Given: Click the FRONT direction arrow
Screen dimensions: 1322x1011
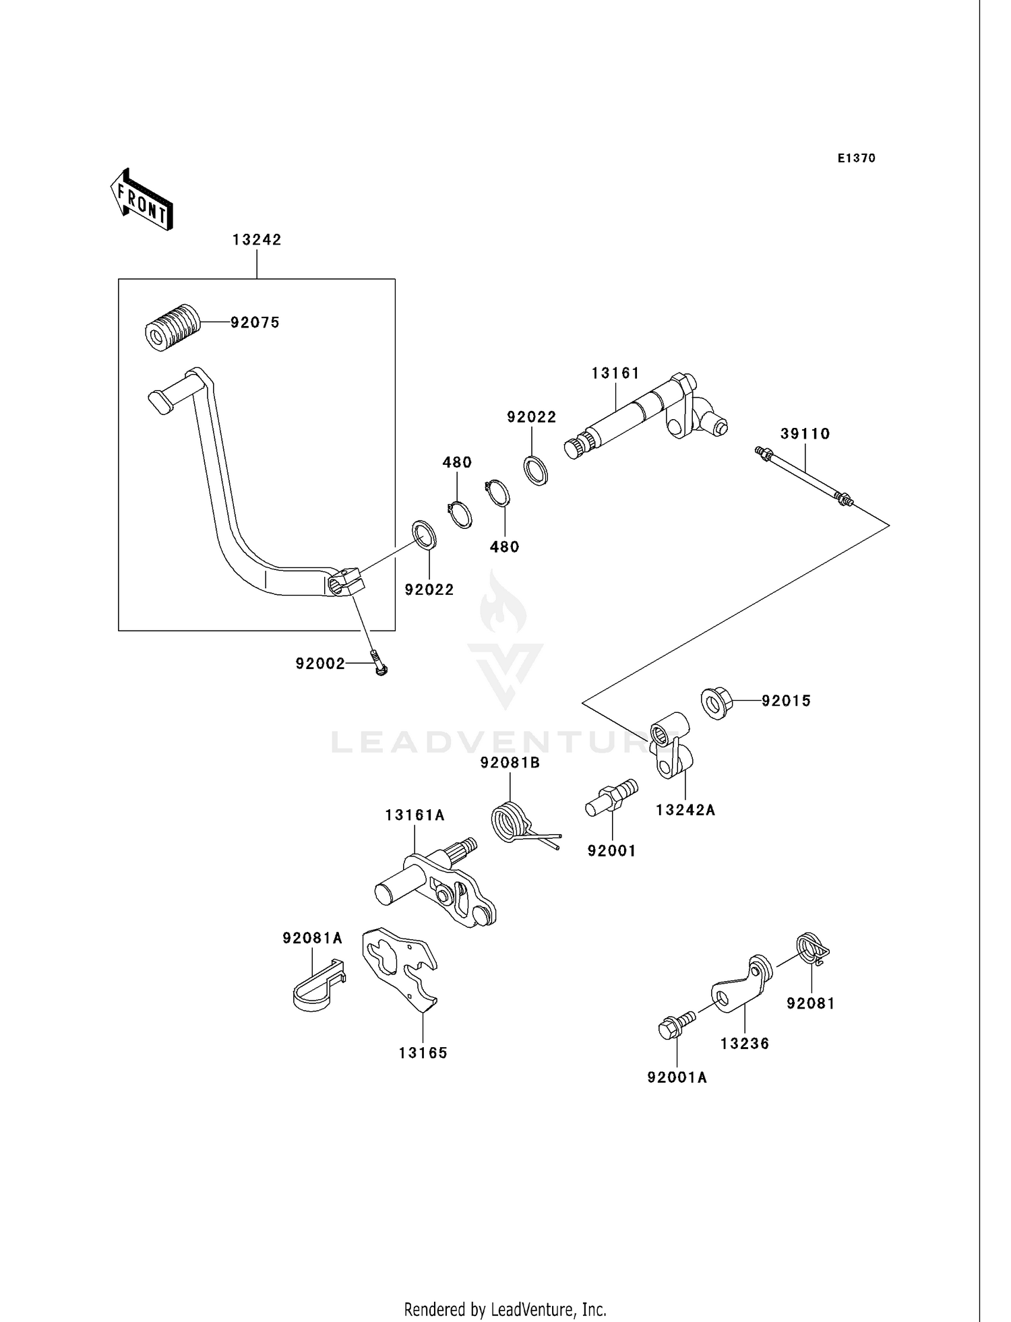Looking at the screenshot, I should click(x=142, y=200).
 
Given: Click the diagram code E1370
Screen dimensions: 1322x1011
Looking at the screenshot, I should click(x=856, y=158).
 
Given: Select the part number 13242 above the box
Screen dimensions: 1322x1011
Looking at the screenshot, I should click(x=257, y=240).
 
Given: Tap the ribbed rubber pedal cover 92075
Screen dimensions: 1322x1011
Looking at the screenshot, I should click(x=173, y=327).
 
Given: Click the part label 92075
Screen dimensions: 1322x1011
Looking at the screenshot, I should click(x=255, y=323).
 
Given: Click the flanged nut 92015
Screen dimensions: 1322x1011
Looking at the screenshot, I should click(x=716, y=703).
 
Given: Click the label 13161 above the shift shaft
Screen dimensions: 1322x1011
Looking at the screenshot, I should click(x=615, y=373).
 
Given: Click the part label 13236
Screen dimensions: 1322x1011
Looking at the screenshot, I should click(x=744, y=1044).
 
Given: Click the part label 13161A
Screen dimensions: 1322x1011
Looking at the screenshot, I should click(x=415, y=815).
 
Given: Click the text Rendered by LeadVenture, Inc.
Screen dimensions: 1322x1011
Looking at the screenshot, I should click(x=505, y=1309).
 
